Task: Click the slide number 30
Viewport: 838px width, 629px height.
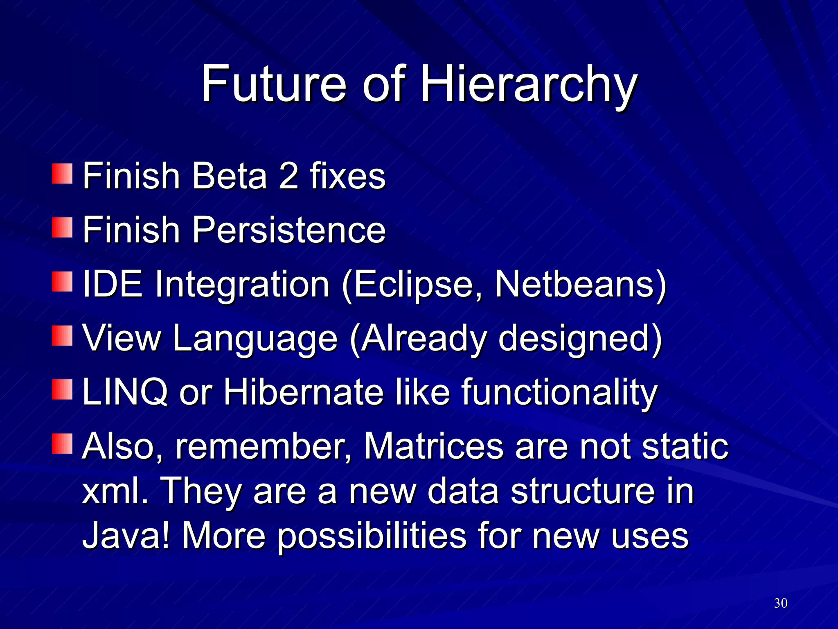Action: tap(781, 603)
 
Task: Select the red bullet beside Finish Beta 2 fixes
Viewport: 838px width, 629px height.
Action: tap(62, 174)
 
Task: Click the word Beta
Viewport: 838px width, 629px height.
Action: tap(230, 176)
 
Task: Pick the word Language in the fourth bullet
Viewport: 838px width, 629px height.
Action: tap(255, 338)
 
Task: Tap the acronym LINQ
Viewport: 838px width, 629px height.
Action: tap(125, 392)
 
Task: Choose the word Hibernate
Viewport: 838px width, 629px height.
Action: tap(303, 392)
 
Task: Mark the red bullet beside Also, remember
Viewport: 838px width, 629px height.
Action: tap(62, 444)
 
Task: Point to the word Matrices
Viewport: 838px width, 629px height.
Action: tap(433, 446)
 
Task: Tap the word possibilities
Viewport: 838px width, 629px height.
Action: tap(372, 536)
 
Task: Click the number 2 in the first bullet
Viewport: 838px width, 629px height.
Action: tap(288, 176)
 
